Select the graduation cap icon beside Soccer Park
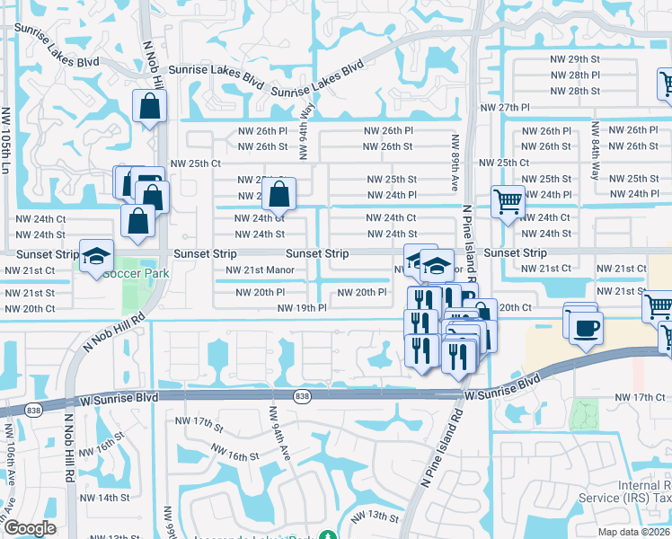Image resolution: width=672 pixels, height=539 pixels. tap(96, 257)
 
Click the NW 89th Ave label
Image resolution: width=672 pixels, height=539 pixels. tap(455, 162)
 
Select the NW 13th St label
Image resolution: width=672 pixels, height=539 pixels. tap(375, 516)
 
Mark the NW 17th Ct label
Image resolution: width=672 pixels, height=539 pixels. tap(639, 397)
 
